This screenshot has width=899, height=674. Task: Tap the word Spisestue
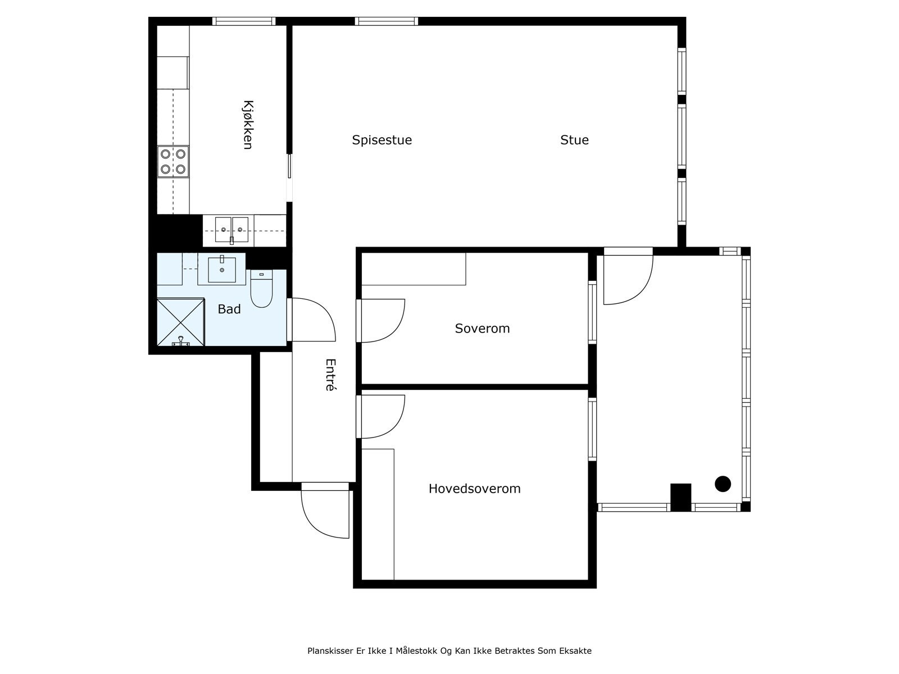tap(382, 140)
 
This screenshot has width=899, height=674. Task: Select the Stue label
tap(574, 140)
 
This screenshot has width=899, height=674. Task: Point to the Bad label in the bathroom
tap(229, 309)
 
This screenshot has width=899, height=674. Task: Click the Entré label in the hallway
tap(330, 375)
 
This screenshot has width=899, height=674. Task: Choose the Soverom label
tap(482, 329)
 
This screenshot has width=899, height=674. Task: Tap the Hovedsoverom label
tap(474, 489)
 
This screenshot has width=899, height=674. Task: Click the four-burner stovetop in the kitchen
tap(173, 162)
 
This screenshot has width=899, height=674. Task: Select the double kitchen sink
tap(231, 230)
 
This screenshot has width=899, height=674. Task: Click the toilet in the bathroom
tap(261, 288)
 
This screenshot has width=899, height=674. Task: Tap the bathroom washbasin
tap(222, 269)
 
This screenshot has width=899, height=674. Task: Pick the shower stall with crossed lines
tap(180, 322)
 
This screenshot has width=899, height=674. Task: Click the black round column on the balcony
tap(723, 484)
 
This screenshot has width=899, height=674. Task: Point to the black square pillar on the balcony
tap(680, 497)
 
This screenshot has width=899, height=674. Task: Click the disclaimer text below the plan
tap(449, 650)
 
